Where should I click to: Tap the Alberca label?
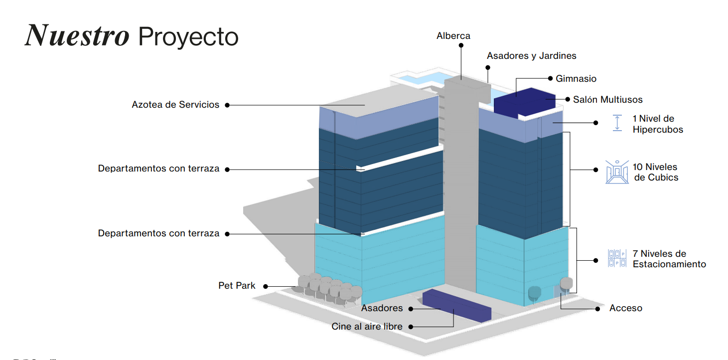pyautogui.click(x=453, y=36)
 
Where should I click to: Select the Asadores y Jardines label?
pyautogui.click(x=531, y=56)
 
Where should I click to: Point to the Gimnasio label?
pyautogui.click(x=576, y=78)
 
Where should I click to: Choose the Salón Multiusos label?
pyautogui.click(x=607, y=100)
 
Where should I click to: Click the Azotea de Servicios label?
pyautogui.click(x=175, y=104)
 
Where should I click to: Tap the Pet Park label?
pyautogui.click(x=237, y=286)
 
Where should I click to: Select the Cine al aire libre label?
pyautogui.click(x=367, y=326)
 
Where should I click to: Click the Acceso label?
pyautogui.click(x=626, y=308)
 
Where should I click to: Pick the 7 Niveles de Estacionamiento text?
pyautogui.click(x=669, y=259)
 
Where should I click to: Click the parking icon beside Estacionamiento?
pyautogui.click(x=617, y=258)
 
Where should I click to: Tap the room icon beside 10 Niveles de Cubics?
pyautogui.click(x=617, y=172)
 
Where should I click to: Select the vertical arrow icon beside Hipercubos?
pyautogui.click(x=617, y=123)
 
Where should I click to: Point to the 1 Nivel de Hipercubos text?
pyautogui.click(x=658, y=124)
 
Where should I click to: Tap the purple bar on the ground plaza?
pyautogui.click(x=456, y=305)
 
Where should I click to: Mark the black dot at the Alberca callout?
pyautogui.click(x=461, y=45)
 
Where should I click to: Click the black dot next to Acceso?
pyautogui.click(x=597, y=309)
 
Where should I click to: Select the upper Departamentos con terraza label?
pyautogui.click(x=158, y=169)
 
